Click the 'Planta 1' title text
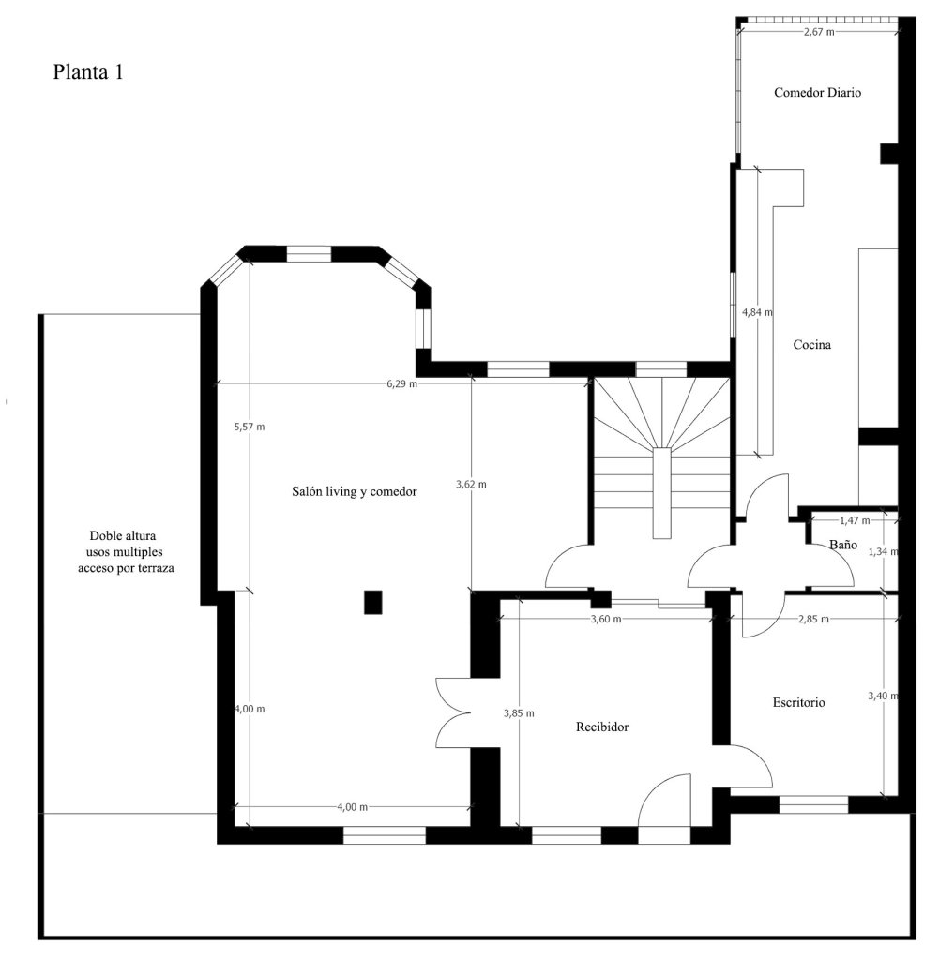point(88,72)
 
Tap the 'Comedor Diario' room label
point(817,93)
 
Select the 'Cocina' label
point(811,345)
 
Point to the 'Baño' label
point(842,544)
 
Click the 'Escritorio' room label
point(798,701)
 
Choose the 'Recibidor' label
point(601,727)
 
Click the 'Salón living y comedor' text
point(354,491)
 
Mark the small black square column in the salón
point(373,602)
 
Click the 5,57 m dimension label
point(250,427)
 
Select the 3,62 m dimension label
point(471,485)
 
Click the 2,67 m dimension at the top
point(819,32)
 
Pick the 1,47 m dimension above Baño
point(854,519)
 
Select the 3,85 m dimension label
point(518,712)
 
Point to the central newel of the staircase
point(662,492)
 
